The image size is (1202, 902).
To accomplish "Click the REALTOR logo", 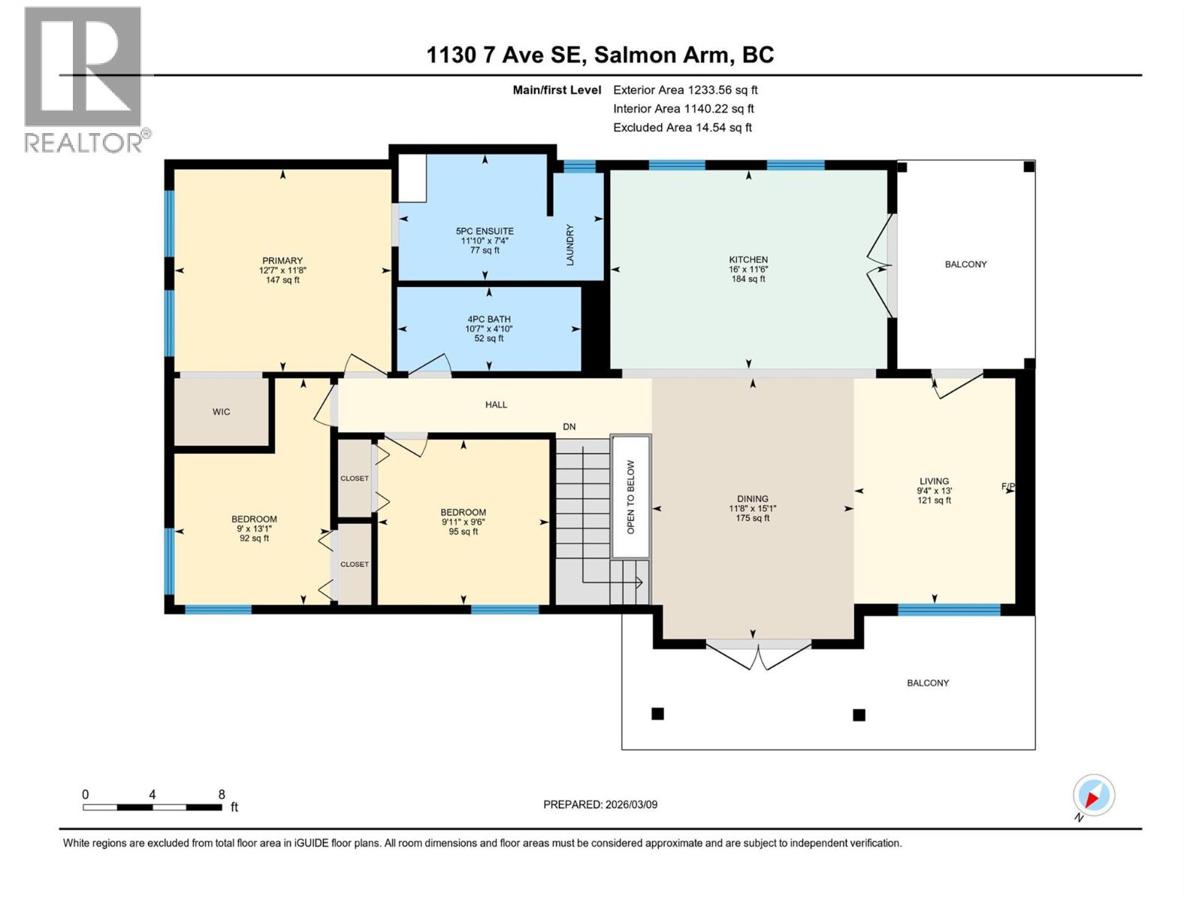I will pyautogui.click(x=83, y=79).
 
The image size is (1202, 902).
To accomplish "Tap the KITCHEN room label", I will pyautogui.click(x=748, y=259).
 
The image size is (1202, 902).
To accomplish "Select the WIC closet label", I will pyautogui.click(x=221, y=412).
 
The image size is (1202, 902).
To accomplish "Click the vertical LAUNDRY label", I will pyautogui.click(x=569, y=244).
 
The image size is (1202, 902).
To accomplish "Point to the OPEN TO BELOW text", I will pyautogui.click(x=630, y=497).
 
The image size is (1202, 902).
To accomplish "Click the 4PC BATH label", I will pyautogui.click(x=488, y=319).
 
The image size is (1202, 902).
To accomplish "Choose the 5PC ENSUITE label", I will pyautogui.click(x=485, y=232).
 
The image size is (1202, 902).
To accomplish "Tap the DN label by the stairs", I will pyautogui.click(x=569, y=427).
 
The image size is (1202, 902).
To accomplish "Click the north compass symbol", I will pyautogui.click(x=1093, y=795).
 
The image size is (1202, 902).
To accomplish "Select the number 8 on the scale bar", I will pyautogui.click(x=222, y=795).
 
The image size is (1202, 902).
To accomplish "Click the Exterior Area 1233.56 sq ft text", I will pyautogui.click(x=685, y=90).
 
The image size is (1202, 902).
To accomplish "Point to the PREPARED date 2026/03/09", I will pyautogui.click(x=600, y=804).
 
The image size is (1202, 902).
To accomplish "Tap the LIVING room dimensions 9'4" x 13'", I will pyautogui.click(x=934, y=491).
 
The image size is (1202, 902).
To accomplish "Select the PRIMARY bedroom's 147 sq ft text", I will pyautogui.click(x=282, y=280).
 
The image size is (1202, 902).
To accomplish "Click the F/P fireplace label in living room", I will pyautogui.click(x=1008, y=487).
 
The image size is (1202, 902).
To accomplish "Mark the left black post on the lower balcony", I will pyautogui.click(x=657, y=713).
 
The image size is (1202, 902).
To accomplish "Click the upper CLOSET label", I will pyautogui.click(x=355, y=478).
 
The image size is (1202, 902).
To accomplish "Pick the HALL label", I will pyautogui.click(x=496, y=404).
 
